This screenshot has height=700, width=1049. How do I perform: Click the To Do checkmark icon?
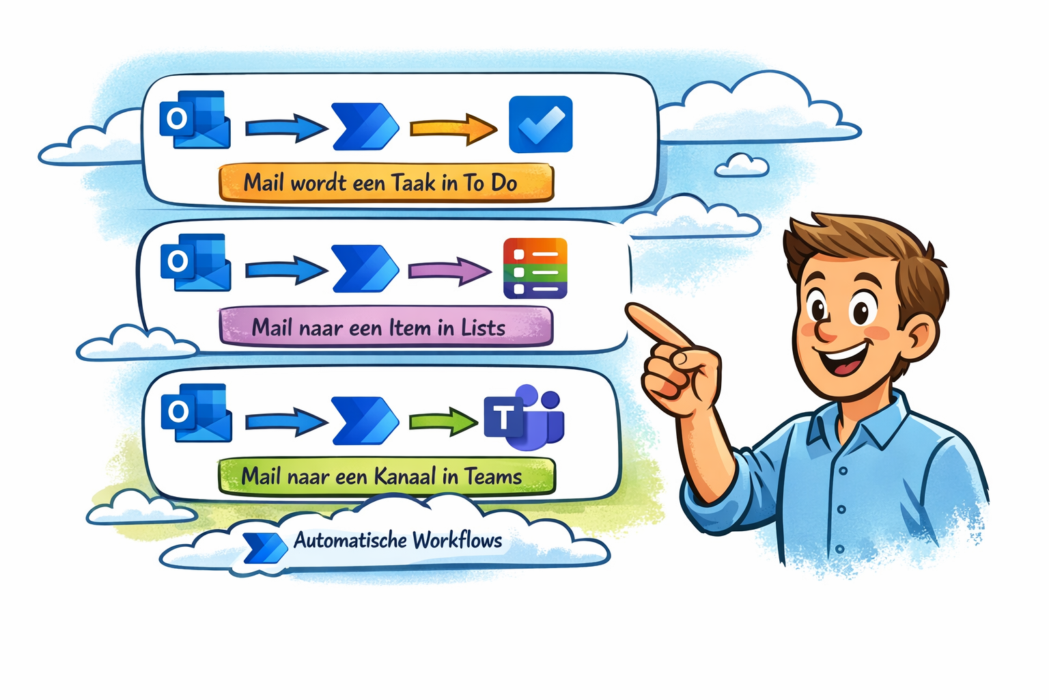pos(540,124)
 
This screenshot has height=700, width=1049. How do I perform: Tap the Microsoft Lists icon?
pos(535,269)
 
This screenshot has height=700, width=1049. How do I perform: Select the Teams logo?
pos(524,418)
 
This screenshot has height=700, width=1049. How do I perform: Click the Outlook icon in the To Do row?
pos(195,119)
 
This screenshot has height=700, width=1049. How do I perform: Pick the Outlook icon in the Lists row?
pos(195,262)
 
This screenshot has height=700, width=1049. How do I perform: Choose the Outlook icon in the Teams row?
pos(196,413)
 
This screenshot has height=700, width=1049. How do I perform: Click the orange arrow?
pos(453,128)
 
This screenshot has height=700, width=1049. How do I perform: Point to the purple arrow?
pos(449,271)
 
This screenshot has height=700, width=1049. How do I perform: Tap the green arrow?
pos(443,421)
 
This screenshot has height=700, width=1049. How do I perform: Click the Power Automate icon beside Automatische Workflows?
pos(265,547)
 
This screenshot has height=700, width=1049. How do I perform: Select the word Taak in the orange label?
pos(413,183)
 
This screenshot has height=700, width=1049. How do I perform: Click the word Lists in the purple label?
pos(483,328)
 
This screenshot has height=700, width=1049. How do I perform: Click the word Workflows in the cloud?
pos(457,541)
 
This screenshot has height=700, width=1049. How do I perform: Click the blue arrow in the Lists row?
pos(286,270)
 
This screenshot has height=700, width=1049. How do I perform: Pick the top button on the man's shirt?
pos(843,470)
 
